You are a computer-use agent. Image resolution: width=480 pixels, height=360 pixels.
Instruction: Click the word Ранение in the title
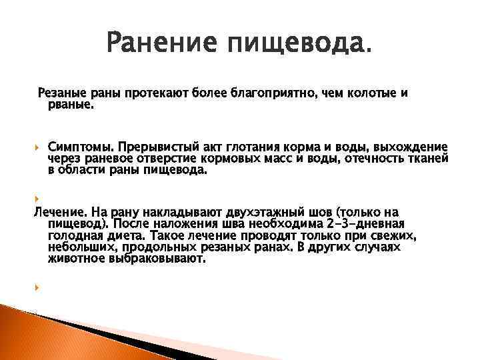tap(161, 45)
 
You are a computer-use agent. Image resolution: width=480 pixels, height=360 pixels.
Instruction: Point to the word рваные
tap(71, 104)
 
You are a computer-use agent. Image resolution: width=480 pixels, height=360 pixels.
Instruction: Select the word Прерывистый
tap(149, 147)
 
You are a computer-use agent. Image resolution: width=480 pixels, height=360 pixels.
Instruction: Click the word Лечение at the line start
tap(56, 212)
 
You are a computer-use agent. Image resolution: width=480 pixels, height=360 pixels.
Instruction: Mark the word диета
tap(125, 236)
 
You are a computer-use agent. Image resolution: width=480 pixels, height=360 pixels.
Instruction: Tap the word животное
tap(76, 259)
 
